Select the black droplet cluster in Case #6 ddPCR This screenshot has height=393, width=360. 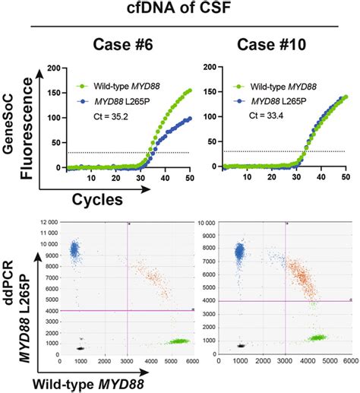[x=80, y=347]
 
